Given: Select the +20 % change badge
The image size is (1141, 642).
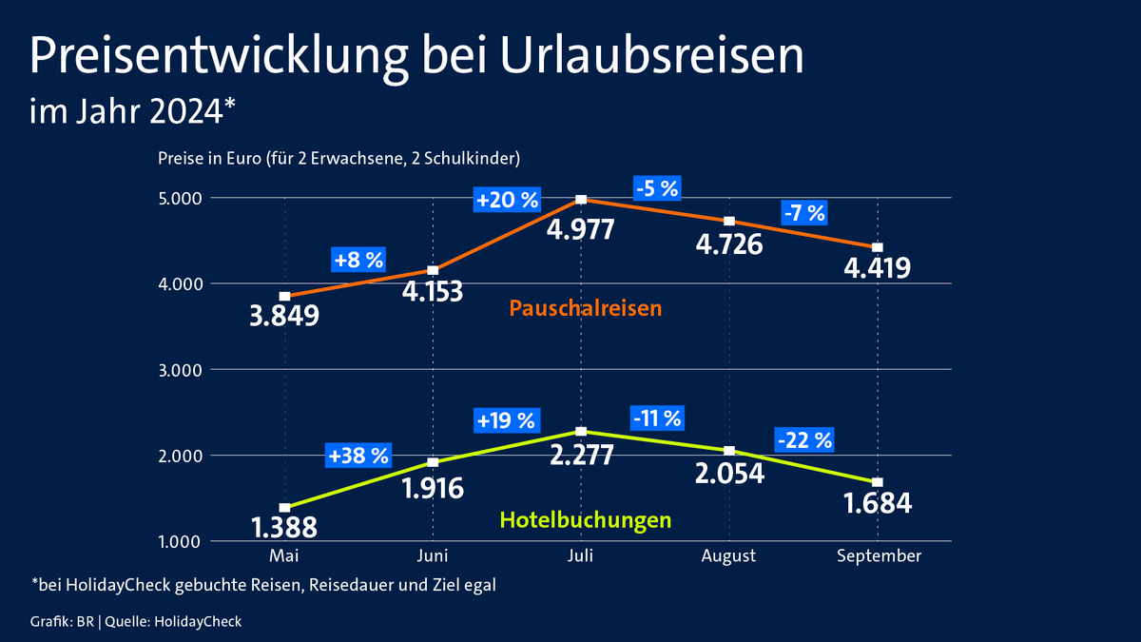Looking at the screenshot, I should pos(507,200).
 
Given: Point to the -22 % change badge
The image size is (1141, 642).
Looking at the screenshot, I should pos(804,439).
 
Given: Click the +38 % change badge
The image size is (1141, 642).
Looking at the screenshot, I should pos(358,456).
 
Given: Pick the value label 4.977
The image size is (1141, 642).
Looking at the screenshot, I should pos(581,230).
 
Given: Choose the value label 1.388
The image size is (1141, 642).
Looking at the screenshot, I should pos(283,526).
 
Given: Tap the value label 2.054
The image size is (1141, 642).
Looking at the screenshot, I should pos(729,473).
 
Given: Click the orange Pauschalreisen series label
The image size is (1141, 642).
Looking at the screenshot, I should pos(585,308).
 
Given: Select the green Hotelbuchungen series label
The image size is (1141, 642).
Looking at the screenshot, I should pos(585,519).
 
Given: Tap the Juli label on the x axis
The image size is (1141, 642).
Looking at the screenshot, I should pos(581,556).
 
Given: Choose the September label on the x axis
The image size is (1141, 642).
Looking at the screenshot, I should pos(879,556).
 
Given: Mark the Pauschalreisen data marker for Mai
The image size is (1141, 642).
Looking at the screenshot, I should pos(284,296).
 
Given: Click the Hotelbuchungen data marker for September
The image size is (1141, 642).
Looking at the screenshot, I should pos(878,482).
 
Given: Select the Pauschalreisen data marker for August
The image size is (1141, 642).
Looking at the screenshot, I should pos(729,221).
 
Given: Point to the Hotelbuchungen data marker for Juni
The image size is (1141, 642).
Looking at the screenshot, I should pos(433,462).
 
